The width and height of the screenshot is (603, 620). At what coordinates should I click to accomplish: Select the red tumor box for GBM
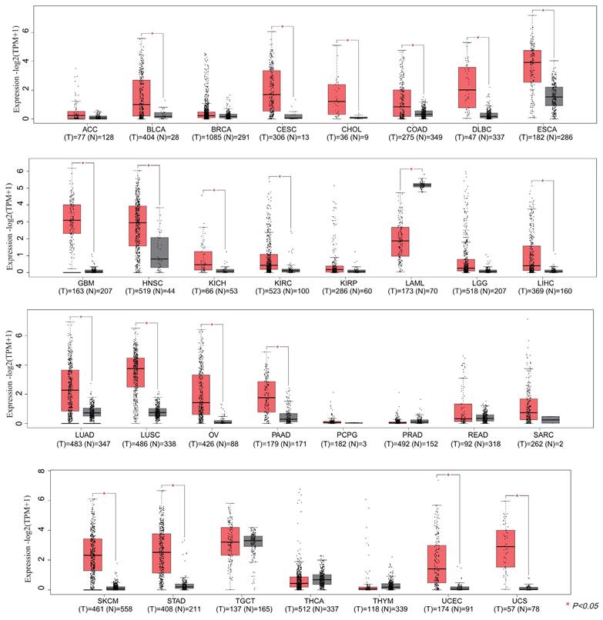pos(72,222)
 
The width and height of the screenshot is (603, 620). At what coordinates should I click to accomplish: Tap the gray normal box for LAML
pos(422,185)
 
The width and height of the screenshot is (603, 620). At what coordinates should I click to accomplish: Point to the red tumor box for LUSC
pos(136,372)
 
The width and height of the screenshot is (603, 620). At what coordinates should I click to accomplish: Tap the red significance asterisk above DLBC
pos(478,38)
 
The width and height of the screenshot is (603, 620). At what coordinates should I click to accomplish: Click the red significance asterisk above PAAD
pos(276,347)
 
